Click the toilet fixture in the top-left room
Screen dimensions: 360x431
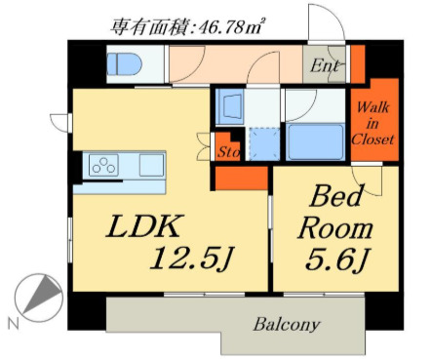tap(123, 65)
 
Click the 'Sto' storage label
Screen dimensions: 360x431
tap(227, 151)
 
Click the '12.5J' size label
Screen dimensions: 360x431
tap(190, 259)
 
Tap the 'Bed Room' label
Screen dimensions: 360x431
tap(333, 214)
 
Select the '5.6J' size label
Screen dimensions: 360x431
tap(335, 260)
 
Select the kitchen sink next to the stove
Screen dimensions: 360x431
tap(151, 164)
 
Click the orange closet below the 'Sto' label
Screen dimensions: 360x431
tap(239, 177)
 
